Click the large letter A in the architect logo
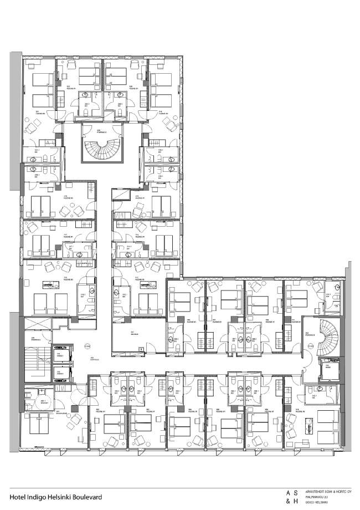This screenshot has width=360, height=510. pos(287,492)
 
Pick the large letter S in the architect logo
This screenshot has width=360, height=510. pos(296,492)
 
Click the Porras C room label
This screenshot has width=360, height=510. pos(101,132)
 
